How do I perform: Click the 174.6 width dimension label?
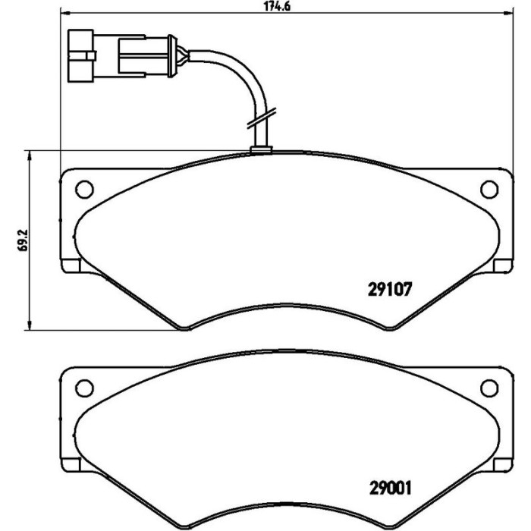pyautogui.click(x=277, y=6)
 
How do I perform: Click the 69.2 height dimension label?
pyautogui.click(x=23, y=240)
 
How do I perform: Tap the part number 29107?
pyautogui.click(x=390, y=290)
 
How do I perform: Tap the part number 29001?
pyautogui.click(x=390, y=488)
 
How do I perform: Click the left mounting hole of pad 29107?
pyautogui.click(x=84, y=190)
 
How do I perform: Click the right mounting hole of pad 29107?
pyautogui.click(x=489, y=190)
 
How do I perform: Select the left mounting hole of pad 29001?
pyautogui.click(x=84, y=388)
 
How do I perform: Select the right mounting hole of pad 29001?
pyautogui.click(x=489, y=388)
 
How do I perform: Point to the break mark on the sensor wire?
pyautogui.click(x=261, y=118)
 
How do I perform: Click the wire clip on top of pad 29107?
pyautogui.click(x=261, y=150)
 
